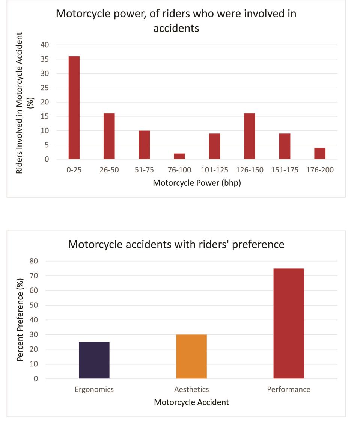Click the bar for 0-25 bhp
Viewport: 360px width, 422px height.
[74, 108]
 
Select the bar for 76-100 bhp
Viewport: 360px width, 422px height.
[179, 156]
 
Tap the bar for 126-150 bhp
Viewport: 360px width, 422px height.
[250, 136]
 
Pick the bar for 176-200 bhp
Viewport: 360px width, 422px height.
[320, 153]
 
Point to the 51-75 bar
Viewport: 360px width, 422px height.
[144, 145]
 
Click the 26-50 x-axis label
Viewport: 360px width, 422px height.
[109, 170]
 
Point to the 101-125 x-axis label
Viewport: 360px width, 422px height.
[214, 170]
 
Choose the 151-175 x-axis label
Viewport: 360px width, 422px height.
[285, 170]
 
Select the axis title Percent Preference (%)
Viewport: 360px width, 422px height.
[20, 319]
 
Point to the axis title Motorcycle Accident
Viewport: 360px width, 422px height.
[191, 402]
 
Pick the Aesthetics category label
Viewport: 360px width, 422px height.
[191, 389]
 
